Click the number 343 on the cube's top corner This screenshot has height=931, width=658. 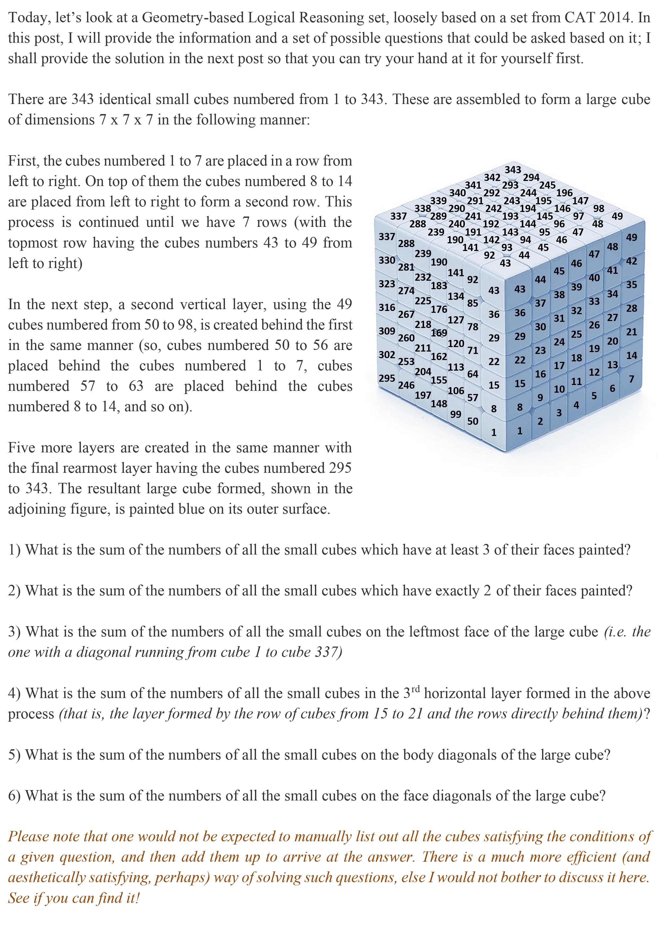coord(513,170)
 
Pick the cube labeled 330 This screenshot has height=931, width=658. coord(387,260)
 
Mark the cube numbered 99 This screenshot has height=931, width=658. coord(456,414)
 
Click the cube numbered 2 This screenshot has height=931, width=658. coord(540,422)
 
